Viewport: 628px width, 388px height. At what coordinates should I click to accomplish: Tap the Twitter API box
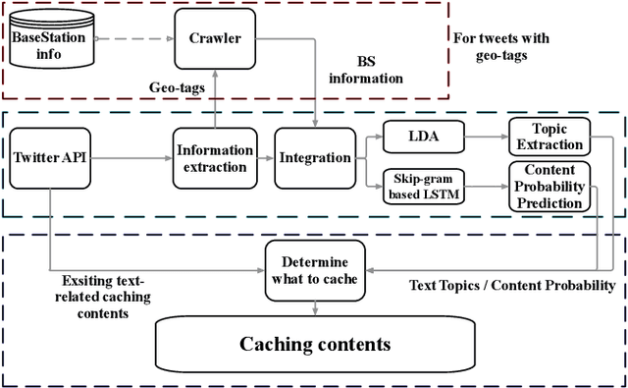coord(48,156)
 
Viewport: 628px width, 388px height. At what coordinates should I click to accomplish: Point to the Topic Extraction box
coord(548,137)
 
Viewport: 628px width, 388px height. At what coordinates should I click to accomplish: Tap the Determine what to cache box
coord(314,269)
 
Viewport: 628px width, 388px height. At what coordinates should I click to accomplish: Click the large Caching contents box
coord(315,344)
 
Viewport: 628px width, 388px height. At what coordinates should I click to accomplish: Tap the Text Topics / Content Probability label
coord(510,285)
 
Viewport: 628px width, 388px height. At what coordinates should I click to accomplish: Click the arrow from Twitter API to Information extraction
coord(129,156)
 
